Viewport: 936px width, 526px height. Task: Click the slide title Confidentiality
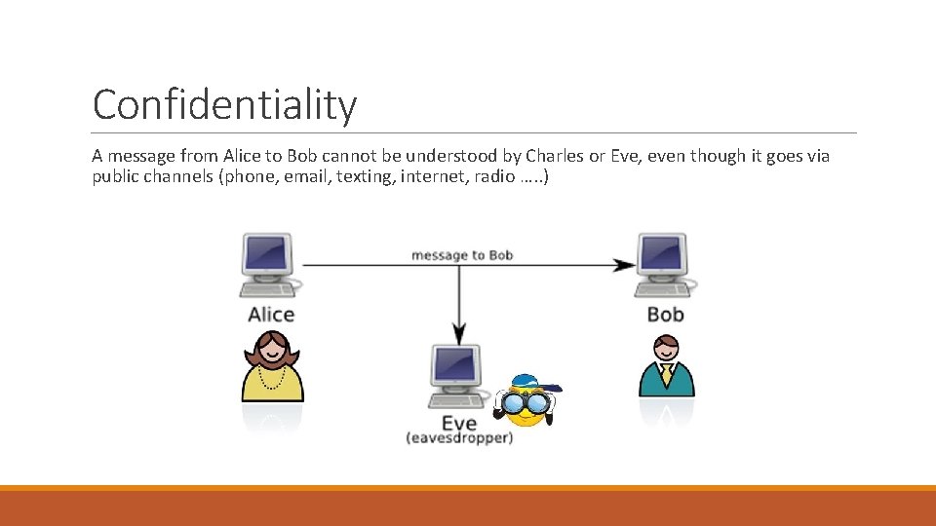click(x=224, y=104)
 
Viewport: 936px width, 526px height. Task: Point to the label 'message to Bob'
click(x=462, y=255)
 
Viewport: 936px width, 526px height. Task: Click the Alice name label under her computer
click(x=271, y=314)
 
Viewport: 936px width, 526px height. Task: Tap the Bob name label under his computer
click(x=666, y=314)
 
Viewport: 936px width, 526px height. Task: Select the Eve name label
click(x=458, y=423)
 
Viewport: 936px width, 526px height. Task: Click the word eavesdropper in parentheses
click(x=459, y=438)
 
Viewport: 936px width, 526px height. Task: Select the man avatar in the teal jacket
click(x=666, y=367)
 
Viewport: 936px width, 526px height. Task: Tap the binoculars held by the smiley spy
click(x=525, y=401)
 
